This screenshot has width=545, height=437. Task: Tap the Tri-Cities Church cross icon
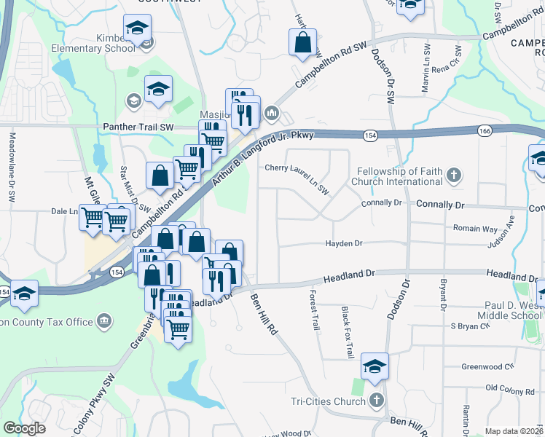tap(376, 401)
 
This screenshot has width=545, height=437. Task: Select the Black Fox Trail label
tap(348, 331)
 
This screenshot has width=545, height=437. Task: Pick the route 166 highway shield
tap(485, 130)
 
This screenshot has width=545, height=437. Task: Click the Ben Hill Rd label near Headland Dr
tap(264, 314)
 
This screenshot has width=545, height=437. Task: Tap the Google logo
tap(24, 428)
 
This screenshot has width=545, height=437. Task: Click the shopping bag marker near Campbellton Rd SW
tap(302, 42)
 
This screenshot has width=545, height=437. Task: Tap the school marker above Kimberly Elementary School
tap(136, 28)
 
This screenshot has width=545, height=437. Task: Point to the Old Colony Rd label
tap(509, 391)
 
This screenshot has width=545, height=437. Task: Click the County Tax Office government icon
tap(104, 321)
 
